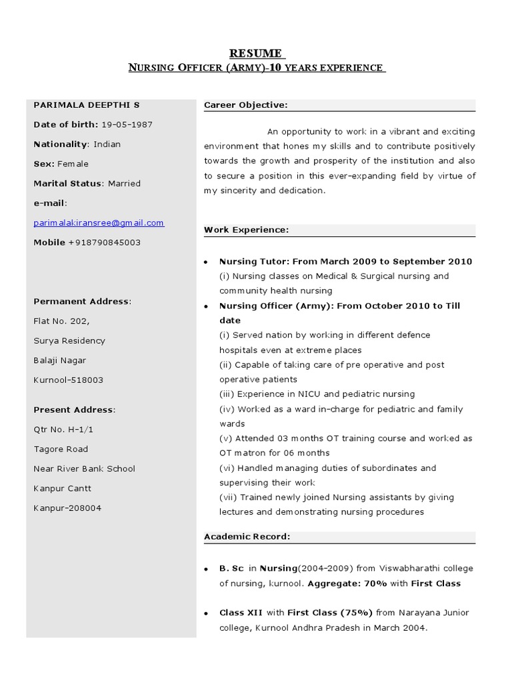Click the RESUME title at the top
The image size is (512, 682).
pyautogui.click(x=256, y=53)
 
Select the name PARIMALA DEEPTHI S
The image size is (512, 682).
pyautogui.click(x=87, y=105)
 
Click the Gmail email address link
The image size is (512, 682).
pyautogui.click(x=99, y=223)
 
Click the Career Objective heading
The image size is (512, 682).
pyautogui.click(x=245, y=105)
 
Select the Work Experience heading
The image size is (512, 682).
pyautogui.click(x=246, y=230)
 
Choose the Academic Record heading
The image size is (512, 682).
pyautogui.click(x=247, y=536)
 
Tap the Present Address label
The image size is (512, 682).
pyautogui.click(x=74, y=410)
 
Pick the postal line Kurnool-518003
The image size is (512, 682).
pyautogui.click(x=68, y=380)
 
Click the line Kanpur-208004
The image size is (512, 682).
pyautogui.click(x=67, y=508)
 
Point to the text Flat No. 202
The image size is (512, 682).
pyautogui.click(x=61, y=321)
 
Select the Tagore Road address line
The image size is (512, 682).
pyautogui.click(x=61, y=449)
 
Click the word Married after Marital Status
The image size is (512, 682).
pyautogui.click(x=124, y=183)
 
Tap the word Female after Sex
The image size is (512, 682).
pyautogui.click(x=73, y=164)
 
